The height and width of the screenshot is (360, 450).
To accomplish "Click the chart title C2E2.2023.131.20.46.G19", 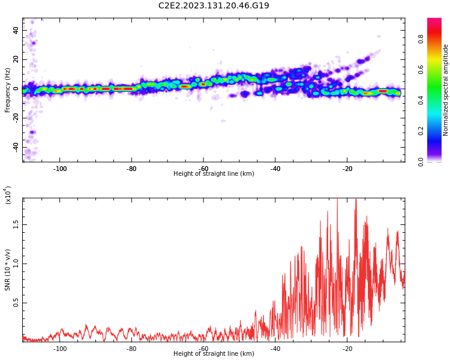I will point(214,6).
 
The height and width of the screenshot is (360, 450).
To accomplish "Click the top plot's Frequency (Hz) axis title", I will point(8,91).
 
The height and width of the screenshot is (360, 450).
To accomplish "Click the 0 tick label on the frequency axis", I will point(17,89).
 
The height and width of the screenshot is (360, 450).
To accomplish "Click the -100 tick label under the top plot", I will point(59,169).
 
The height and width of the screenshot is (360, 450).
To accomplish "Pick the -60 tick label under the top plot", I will point(203,169).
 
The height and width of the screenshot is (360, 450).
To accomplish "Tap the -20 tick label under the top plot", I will point(347,169).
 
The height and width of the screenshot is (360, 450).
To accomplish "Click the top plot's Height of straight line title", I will point(214,174).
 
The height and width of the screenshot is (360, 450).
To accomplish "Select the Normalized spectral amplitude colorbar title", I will point(446,90).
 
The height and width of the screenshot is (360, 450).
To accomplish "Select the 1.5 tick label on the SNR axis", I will point(15,224).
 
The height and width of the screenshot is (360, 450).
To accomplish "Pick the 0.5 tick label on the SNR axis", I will point(15,303).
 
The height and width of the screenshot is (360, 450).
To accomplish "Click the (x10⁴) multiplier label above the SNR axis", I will point(8,195).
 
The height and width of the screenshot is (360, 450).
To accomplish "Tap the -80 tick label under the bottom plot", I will point(131,349).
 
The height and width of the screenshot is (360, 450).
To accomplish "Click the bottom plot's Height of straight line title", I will point(214,354).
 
